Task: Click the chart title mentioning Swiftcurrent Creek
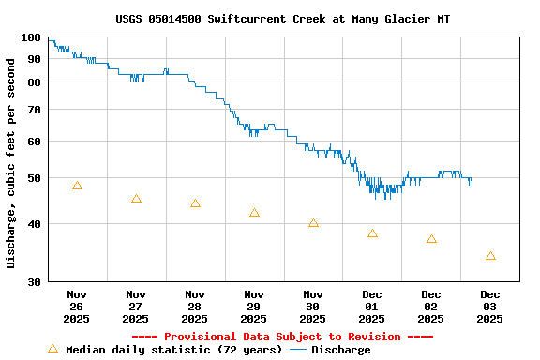tap(282, 19)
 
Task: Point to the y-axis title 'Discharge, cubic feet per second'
tap(11, 163)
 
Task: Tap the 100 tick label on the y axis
tap(31, 38)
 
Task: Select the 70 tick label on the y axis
tap(35, 110)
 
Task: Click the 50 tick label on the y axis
tap(35, 178)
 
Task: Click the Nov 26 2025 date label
tap(77, 306)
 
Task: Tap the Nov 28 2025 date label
tap(195, 306)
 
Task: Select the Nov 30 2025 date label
tap(313, 306)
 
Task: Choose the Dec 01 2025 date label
tap(372, 306)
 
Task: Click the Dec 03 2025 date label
tap(490, 306)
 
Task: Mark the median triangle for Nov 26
tap(77, 186)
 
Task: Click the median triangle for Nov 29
tap(254, 213)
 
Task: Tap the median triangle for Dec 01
tap(372, 233)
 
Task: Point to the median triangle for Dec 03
tap(490, 256)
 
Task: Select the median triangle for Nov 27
tap(136, 199)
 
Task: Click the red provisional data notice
tap(282, 337)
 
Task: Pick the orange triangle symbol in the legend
tap(52, 349)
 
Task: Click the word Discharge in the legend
tap(340, 350)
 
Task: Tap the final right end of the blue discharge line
tap(472, 182)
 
